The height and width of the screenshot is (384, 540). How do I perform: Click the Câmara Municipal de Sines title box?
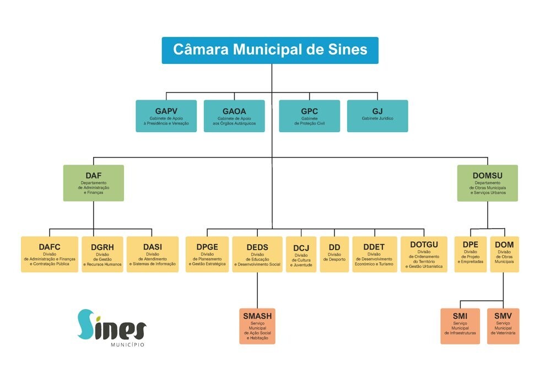coord(270,50)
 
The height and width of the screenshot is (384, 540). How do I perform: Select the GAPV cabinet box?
coord(166,116)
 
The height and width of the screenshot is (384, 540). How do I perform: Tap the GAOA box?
coord(234,116)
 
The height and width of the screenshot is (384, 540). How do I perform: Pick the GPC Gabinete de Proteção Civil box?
coord(309,116)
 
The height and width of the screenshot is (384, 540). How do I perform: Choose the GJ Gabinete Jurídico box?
coord(377,116)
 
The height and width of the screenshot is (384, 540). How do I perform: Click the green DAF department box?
coord(93,183)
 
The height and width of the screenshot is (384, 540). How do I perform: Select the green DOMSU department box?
coord(487,183)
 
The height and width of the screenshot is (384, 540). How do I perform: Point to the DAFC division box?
coord(50,254)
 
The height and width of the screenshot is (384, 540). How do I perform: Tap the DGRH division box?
coord(102,254)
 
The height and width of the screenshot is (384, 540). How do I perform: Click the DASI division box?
coord(153,254)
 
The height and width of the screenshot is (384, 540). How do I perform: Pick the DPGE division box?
coord(207,254)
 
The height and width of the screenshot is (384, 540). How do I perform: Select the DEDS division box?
coord(257,254)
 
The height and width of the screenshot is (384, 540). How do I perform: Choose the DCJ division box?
coord(301,254)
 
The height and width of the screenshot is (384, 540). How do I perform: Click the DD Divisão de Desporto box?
coord(334,254)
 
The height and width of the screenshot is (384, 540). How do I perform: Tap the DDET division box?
coord(374,254)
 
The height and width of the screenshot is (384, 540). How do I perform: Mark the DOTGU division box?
coord(424,254)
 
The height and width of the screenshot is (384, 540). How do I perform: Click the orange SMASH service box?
coord(257,326)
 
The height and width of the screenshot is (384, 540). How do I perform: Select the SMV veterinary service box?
coord(503,326)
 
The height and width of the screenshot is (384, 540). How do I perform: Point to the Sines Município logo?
coord(111,328)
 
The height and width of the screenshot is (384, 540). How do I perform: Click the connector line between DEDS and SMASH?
coord(257,290)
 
